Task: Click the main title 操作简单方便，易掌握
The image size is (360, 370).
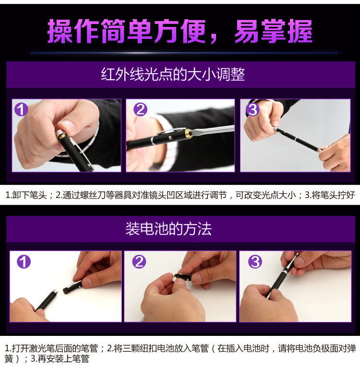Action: click(x=180, y=31)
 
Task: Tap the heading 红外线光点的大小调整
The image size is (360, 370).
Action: click(x=173, y=74)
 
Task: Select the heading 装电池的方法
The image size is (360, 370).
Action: click(x=168, y=228)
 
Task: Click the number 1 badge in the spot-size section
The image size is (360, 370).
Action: click(x=21, y=110)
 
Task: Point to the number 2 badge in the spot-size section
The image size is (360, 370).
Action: click(x=140, y=110)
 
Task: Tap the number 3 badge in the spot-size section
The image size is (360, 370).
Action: click(x=252, y=110)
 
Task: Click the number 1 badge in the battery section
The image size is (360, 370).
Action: click(x=24, y=261)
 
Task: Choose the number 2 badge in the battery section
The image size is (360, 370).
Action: click(x=139, y=261)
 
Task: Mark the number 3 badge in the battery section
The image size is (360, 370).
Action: click(x=255, y=261)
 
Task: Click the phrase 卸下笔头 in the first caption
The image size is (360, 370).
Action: click(x=29, y=195)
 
